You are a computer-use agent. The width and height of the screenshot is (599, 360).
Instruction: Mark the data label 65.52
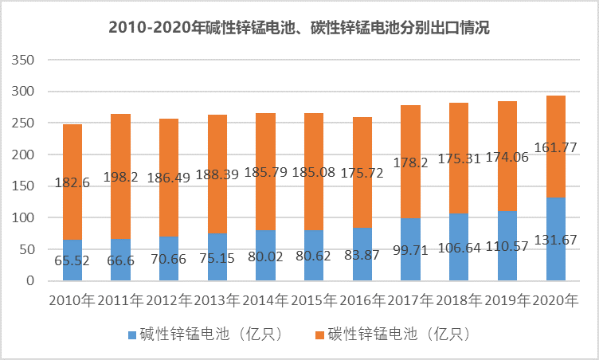(72, 260)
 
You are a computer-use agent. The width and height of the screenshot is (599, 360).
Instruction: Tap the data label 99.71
(410, 260)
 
